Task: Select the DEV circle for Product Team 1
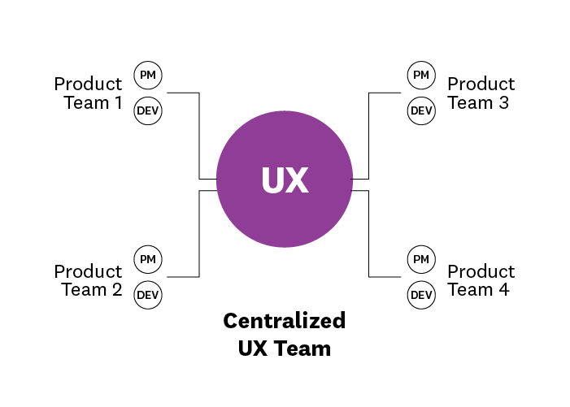click(x=148, y=110)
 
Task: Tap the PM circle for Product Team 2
click(x=148, y=259)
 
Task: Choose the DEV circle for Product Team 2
click(x=148, y=294)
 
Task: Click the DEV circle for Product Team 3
click(x=420, y=110)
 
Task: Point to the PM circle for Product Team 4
click(x=420, y=259)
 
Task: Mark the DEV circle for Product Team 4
click(x=420, y=294)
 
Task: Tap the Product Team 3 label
click(x=481, y=93)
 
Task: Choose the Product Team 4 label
click(x=481, y=280)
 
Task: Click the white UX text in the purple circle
click(x=285, y=180)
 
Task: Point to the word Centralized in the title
click(x=285, y=321)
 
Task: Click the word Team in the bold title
click(x=307, y=349)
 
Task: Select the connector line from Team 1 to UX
click(x=199, y=134)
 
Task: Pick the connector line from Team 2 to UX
click(x=199, y=236)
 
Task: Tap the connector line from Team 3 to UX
click(x=369, y=134)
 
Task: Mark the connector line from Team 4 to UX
click(x=369, y=236)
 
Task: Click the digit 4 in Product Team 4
click(x=504, y=290)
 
